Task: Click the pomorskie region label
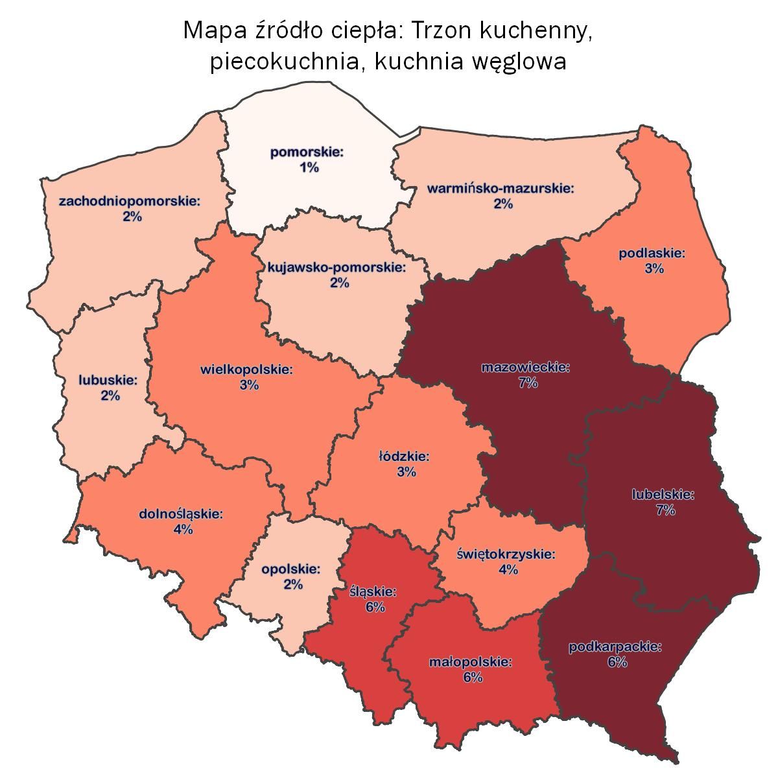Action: [307, 154]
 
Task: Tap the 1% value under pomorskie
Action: [309, 168]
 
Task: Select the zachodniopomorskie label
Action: [130, 202]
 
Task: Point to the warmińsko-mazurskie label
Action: [501, 189]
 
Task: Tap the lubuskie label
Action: [108, 380]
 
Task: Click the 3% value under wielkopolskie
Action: [249, 385]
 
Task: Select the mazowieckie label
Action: [526, 368]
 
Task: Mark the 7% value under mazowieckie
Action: [528, 383]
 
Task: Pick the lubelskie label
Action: [663, 495]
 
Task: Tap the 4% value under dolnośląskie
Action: [183, 530]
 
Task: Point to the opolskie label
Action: [291, 569]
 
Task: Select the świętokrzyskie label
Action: [506, 555]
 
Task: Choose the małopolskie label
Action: [471, 663]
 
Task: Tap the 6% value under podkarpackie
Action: [617, 662]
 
